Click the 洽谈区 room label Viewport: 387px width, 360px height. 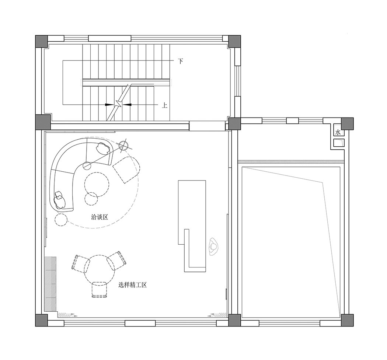100,217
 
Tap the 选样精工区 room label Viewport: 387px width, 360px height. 133,285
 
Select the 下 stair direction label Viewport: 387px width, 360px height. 181,61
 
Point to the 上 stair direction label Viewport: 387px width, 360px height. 165,105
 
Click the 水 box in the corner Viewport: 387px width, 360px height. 338,132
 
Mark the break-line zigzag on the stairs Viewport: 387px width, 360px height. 119,104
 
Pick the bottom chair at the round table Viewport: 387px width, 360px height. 100,289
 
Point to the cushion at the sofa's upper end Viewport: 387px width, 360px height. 103,148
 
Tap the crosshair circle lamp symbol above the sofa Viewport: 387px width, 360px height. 123,145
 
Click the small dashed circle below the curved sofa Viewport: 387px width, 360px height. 61,220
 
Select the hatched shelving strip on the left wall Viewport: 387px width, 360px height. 50,284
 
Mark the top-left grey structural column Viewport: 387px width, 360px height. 41,41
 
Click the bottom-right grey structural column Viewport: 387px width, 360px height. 347,320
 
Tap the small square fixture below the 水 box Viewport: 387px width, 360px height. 338,143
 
